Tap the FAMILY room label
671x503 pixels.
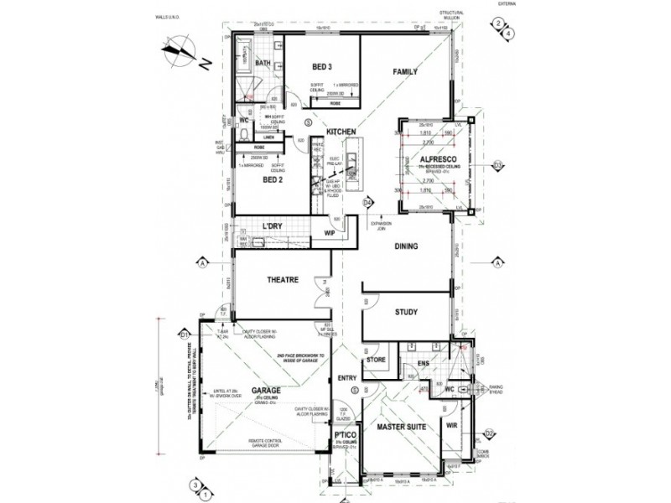405,72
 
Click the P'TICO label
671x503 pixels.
342,437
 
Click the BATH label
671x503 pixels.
262,63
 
